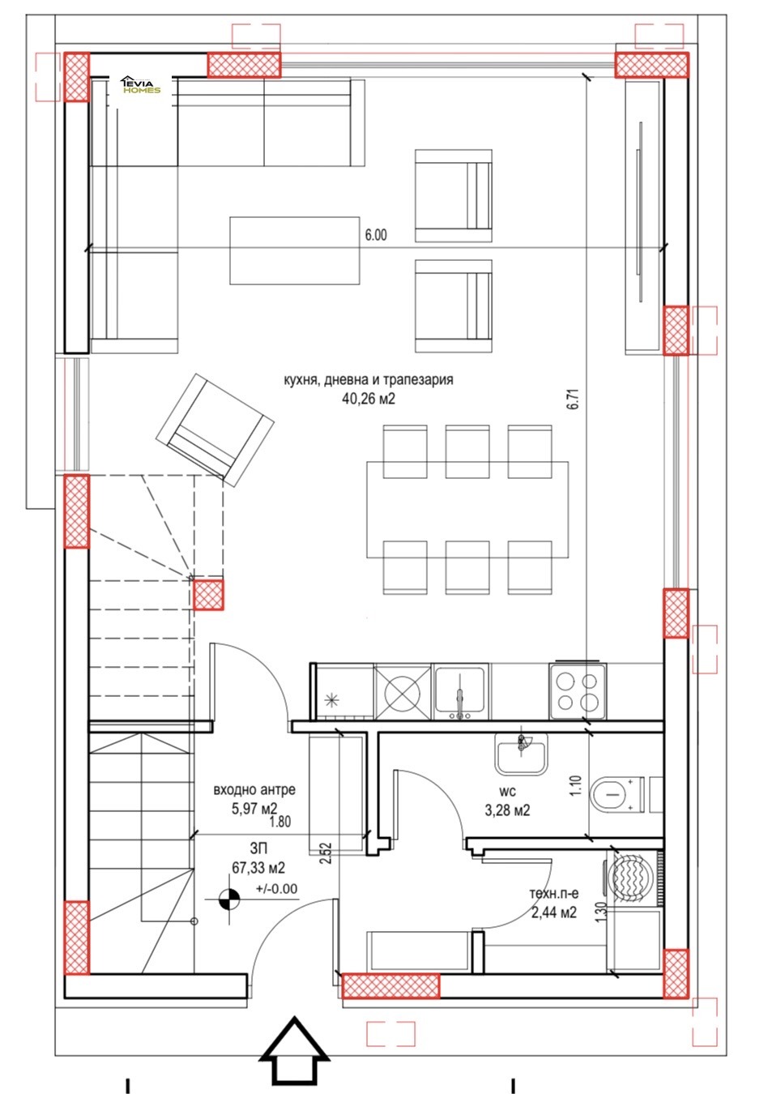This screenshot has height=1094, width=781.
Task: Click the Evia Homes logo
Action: [x=141, y=84]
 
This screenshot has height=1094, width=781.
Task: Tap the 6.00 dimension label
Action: [x=375, y=235]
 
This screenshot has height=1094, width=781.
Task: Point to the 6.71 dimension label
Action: [x=574, y=399]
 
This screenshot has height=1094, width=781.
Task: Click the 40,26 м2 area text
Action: [x=369, y=399]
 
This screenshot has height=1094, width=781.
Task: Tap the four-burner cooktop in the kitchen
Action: [x=578, y=691]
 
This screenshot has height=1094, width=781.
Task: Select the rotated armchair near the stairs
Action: [x=215, y=430]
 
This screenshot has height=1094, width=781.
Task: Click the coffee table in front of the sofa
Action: [x=295, y=250]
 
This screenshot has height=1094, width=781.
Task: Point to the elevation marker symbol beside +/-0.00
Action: [x=229, y=899]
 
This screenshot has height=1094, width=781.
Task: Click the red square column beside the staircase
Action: [x=208, y=596]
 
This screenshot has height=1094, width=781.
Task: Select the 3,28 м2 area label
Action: [x=507, y=810]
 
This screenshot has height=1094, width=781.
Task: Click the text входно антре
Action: [x=254, y=790]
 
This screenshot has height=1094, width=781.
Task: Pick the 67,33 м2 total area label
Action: [x=258, y=868]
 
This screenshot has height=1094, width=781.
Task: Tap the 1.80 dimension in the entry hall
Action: [x=280, y=822]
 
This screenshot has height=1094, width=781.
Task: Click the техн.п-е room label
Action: [x=554, y=893]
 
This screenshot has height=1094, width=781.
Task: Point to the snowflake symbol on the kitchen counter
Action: [x=332, y=700]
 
